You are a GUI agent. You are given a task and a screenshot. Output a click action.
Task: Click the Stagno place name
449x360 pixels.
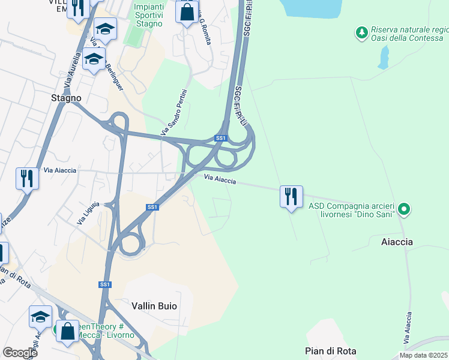click(x=66, y=98)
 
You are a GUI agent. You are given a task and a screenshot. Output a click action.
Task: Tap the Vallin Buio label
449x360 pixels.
click(x=154, y=305)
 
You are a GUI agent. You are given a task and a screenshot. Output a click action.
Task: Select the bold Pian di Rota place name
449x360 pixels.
click(x=331, y=351)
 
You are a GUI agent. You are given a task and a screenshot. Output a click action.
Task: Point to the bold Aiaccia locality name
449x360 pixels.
click(x=397, y=242)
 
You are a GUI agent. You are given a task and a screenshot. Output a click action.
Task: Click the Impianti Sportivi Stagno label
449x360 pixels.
click(x=148, y=15)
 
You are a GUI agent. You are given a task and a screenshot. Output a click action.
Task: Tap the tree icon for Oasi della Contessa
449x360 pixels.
click(x=361, y=31)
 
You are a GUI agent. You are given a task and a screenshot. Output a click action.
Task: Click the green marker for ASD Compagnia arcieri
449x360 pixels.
click(x=404, y=209)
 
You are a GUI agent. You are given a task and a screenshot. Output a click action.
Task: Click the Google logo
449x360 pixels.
click(x=20, y=353)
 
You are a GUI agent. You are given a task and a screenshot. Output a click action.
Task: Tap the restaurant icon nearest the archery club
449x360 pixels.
click(x=291, y=196)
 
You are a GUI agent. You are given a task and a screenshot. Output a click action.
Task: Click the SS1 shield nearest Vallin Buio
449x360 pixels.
click(x=105, y=284)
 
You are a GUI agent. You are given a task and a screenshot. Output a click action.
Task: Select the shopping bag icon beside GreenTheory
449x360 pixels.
click(x=67, y=330)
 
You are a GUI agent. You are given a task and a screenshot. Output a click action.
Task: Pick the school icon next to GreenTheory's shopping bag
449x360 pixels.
click(x=40, y=316)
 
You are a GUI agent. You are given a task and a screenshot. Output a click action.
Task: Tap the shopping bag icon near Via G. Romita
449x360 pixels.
click(x=187, y=11)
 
